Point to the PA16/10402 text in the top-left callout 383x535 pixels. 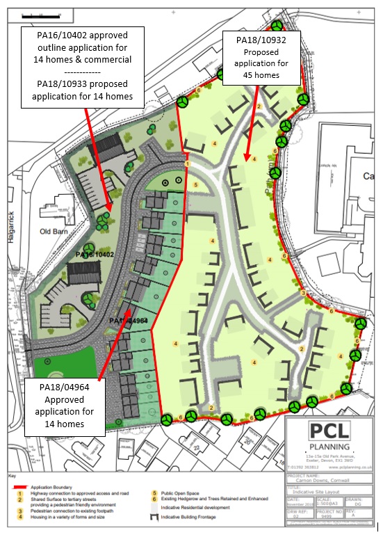click(82, 34)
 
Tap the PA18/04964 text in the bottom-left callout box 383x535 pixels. click(64, 388)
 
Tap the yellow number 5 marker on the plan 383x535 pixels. click(196, 185)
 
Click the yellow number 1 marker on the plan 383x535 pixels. click(188, 163)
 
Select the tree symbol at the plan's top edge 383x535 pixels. click(277, 26)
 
